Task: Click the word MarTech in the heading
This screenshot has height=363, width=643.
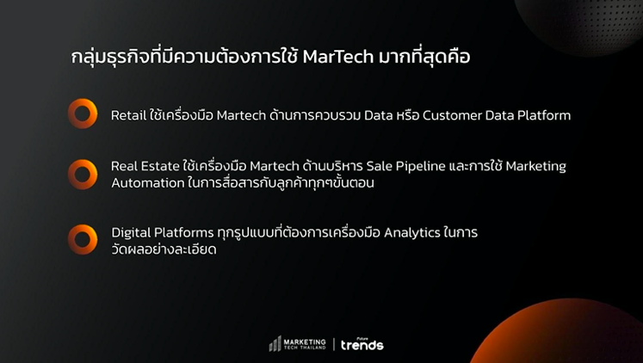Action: [x=338, y=57]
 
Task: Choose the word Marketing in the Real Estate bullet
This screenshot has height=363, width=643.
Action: [x=535, y=167]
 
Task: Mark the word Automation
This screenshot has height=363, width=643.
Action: [x=148, y=182]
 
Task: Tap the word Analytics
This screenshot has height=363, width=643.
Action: [x=412, y=233]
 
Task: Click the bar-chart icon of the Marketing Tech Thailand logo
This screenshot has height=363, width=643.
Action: [x=275, y=344]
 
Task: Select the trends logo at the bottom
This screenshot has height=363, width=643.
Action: [x=362, y=344]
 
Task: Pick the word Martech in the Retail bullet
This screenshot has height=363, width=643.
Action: [x=241, y=115]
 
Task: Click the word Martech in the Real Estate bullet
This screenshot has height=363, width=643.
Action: [x=275, y=166]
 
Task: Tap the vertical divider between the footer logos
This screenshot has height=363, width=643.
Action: [x=333, y=344]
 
